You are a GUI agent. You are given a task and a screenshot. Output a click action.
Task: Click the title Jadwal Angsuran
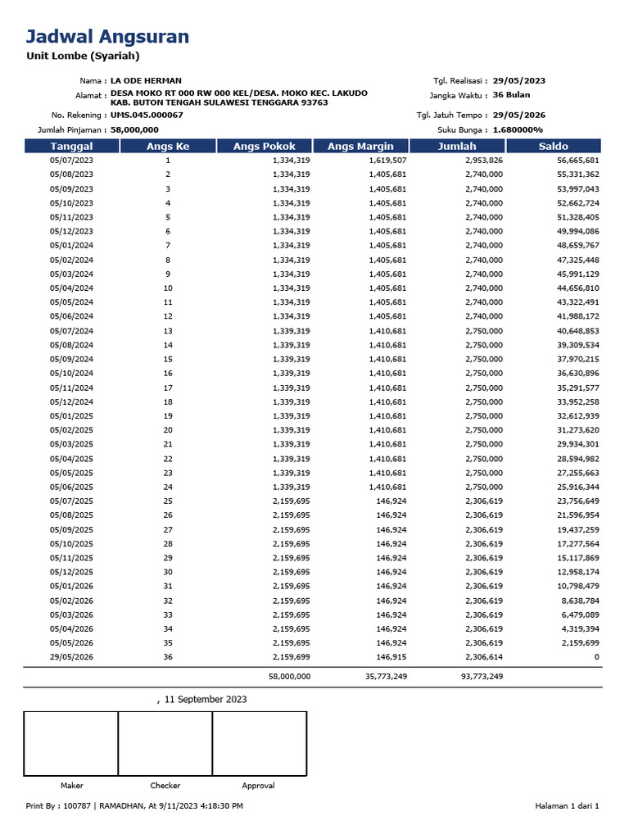(x=107, y=36)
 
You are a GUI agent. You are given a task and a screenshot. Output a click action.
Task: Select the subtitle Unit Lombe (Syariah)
(x=83, y=57)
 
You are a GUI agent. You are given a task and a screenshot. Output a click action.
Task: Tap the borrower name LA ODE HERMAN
(x=146, y=81)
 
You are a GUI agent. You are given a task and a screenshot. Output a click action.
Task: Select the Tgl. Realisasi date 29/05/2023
(x=519, y=81)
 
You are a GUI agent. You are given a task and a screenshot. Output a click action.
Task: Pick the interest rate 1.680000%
(x=518, y=129)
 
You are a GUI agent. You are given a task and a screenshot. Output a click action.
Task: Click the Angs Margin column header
(x=360, y=146)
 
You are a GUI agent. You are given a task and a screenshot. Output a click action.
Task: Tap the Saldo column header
(x=554, y=146)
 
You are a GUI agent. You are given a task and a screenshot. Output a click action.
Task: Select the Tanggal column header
(x=71, y=146)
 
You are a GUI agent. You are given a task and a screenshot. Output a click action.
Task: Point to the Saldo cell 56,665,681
(x=578, y=161)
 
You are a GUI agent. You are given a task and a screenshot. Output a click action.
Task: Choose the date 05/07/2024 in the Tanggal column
(x=71, y=331)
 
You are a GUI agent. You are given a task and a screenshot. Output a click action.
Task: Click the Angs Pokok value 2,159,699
(x=291, y=657)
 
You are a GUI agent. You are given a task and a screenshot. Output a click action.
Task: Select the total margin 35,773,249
(x=382, y=677)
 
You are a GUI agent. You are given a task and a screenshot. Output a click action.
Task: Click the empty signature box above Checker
(x=165, y=743)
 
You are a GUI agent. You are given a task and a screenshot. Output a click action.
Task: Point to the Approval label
(x=259, y=786)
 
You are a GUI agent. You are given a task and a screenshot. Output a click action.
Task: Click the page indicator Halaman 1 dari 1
(x=567, y=806)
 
